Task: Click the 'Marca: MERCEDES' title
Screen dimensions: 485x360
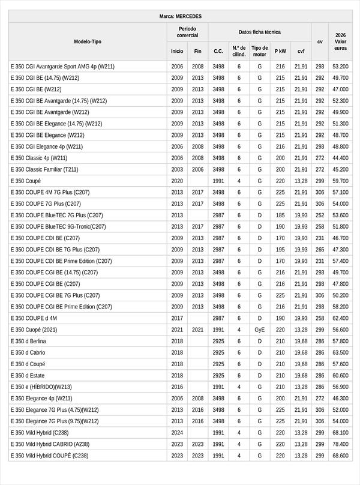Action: [181, 16]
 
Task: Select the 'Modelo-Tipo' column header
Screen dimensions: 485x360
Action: [88, 41]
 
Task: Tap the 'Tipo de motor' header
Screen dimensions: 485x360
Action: [260, 51]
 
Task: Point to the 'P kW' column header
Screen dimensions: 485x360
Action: [280, 51]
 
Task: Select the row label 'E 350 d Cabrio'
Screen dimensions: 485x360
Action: [28, 352]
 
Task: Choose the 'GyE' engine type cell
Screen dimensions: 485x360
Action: [260, 330]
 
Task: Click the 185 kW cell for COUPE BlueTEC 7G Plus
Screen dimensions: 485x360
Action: [280, 215]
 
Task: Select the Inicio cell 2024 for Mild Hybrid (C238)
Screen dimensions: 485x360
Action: [177, 433]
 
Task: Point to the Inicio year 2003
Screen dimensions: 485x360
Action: [177, 169]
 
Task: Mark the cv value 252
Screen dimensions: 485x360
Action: [320, 215]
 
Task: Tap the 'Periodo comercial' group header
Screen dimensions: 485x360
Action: [187, 32]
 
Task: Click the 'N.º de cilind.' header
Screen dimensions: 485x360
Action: [239, 51]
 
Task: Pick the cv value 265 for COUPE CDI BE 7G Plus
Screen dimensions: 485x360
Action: [320, 249]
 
